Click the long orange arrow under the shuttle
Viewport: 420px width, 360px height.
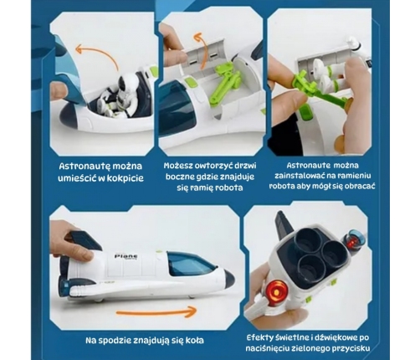coord(156,312)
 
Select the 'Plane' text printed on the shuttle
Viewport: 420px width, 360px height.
coord(125,256)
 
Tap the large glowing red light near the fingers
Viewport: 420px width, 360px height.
coord(277,291)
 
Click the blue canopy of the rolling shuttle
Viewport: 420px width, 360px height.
coord(190,263)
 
